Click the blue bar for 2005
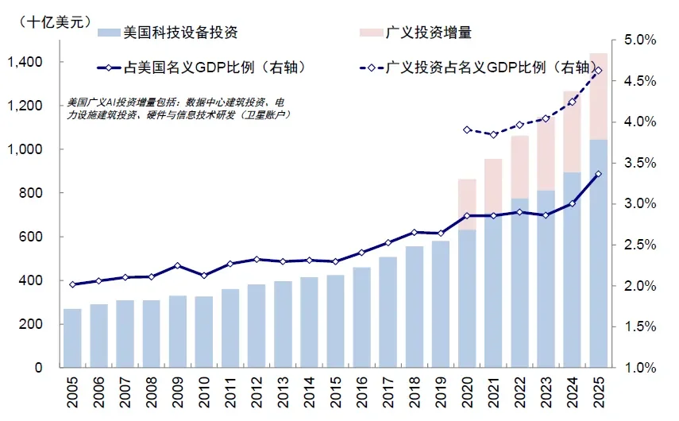[72, 338]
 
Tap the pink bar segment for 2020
[467, 204]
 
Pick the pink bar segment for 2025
[599, 96]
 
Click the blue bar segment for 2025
[599, 254]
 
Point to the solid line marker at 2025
[599, 174]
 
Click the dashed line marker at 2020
[467, 129]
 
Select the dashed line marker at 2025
[599, 71]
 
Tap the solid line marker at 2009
[178, 266]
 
